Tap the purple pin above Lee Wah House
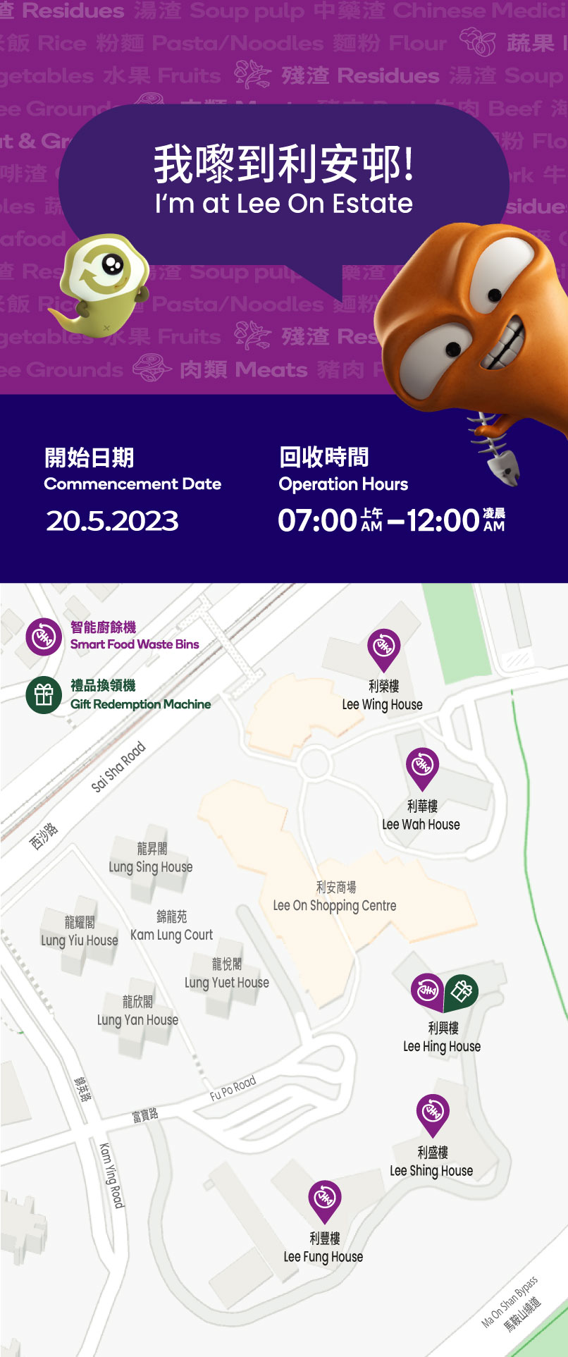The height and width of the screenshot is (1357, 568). tap(422, 766)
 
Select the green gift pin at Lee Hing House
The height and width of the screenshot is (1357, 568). tap(461, 991)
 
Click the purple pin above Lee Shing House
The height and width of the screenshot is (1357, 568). tap(432, 1112)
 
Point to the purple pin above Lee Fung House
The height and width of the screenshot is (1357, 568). tap(324, 1198)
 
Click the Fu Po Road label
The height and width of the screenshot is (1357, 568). tap(233, 1088)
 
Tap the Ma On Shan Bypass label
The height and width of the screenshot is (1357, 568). tap(510, 1301)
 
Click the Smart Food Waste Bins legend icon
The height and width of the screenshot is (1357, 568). tap(44, 637)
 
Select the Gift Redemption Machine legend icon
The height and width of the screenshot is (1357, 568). tap(44, 695)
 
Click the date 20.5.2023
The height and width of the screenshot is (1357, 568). tap(112, 521)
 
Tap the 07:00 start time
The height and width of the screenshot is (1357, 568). tap(317, 521)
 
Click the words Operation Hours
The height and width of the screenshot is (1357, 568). tap(343, 484)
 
